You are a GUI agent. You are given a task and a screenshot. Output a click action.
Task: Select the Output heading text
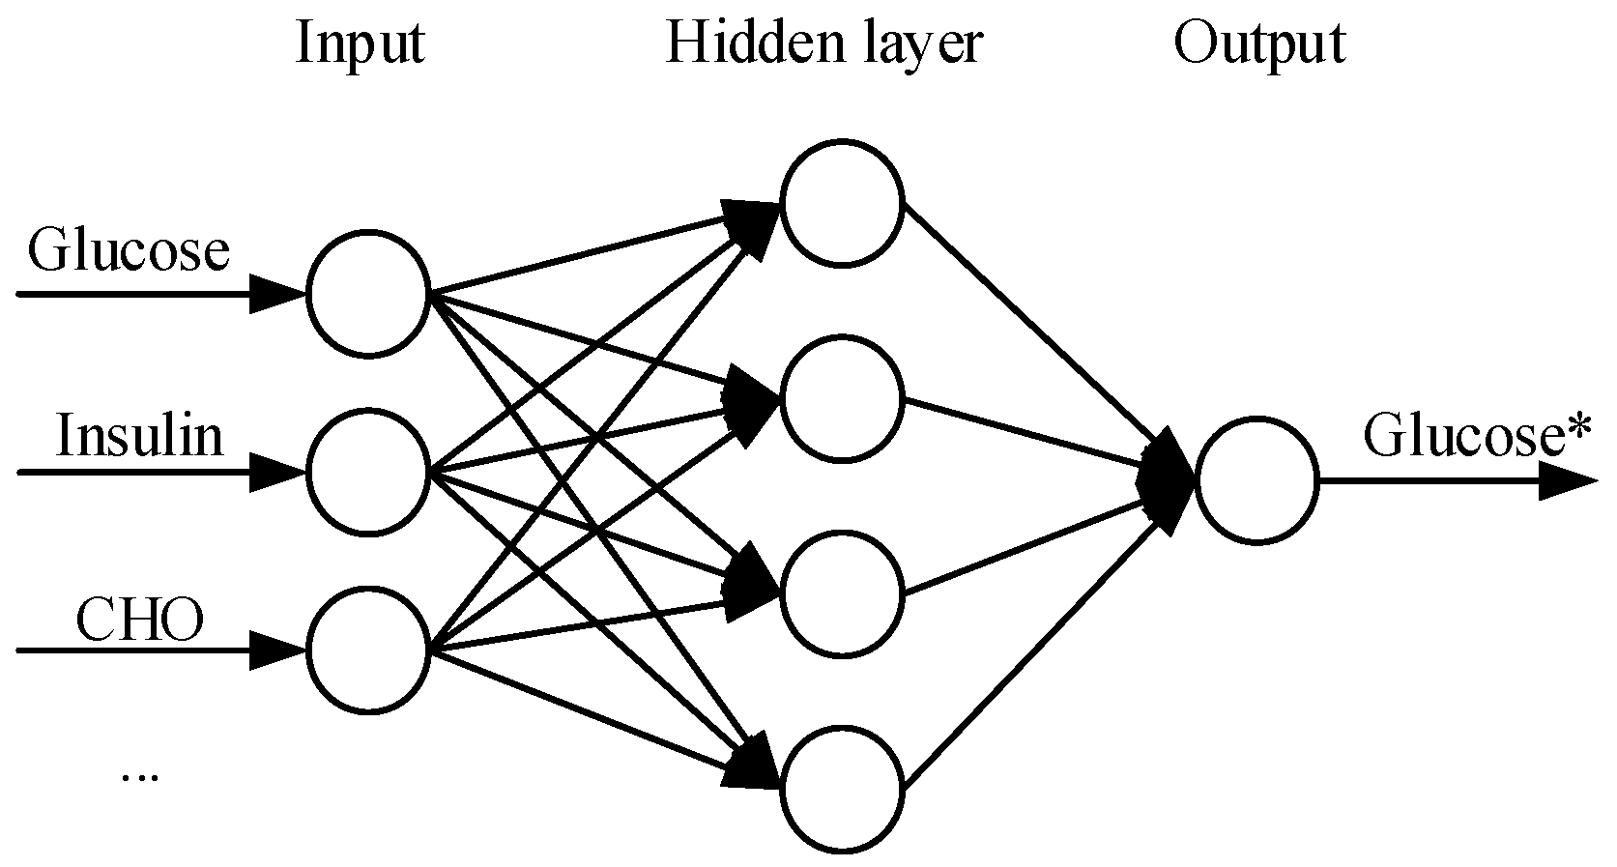click(1258, 43)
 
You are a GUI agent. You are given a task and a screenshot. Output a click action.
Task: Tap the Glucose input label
click(129, 251)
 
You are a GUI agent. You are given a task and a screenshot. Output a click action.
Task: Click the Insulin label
click(139, 436)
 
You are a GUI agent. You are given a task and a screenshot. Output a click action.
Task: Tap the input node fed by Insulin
click(367, 473)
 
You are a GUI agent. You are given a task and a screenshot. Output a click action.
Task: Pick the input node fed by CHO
click(367, 649)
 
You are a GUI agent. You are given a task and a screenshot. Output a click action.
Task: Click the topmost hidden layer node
click(842, 204)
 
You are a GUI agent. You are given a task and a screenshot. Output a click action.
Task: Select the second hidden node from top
click(842, 398)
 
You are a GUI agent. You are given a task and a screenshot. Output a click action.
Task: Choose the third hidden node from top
click(842, 593)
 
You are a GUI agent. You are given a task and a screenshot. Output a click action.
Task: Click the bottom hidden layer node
click(842, 789)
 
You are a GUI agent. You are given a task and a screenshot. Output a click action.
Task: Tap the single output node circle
click(1256, 480)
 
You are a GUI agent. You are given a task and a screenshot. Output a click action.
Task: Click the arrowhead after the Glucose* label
click(1566, 480)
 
